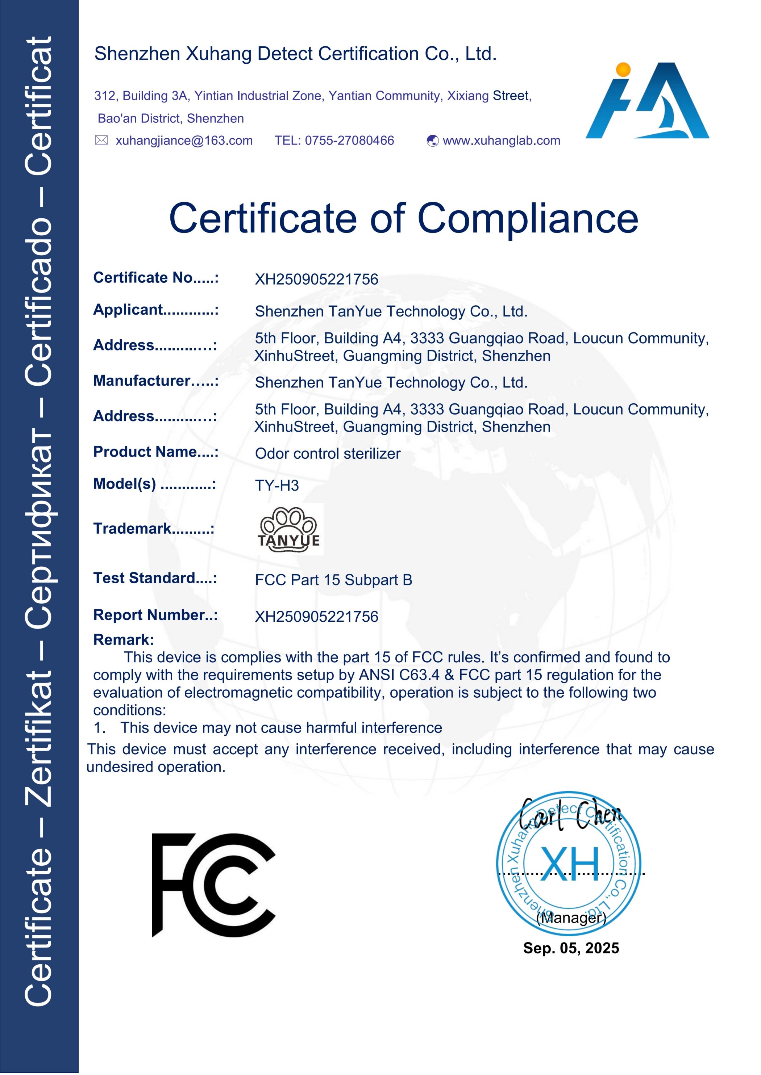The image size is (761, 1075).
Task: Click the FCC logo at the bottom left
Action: coord(214,885)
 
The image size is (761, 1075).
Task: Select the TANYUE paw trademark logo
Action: coord(289,530)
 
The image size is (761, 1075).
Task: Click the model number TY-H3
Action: coord(276,486)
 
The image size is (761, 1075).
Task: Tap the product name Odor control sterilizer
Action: coord(328,454)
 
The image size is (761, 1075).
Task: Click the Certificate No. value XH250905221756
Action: coord(316,280)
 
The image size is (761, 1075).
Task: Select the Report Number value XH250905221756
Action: coord(316,617)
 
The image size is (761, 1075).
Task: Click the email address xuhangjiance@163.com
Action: coord(184,140)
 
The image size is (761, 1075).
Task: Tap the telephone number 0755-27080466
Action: coord(349,140)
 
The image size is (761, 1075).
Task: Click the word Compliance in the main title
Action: coord(528,218)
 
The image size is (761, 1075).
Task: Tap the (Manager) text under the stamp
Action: coord(571,918)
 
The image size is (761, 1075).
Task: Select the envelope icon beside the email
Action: coord(101,140)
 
